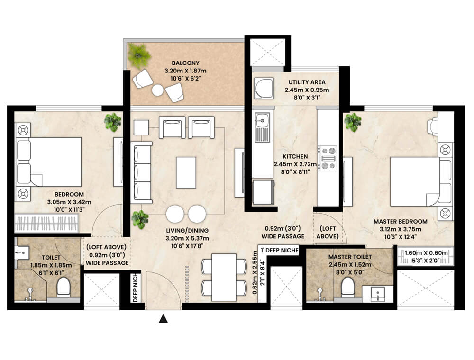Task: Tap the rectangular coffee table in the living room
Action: point(186,172)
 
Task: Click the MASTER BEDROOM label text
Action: point(401,221)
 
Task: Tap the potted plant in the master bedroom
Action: point(353,122)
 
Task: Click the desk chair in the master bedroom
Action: point(433,126)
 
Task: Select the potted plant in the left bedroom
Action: point(113,122)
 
